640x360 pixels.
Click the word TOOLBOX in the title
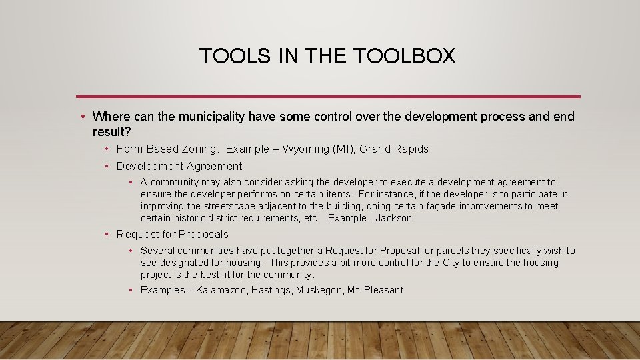[x=405, y=56]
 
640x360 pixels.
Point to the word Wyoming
[x=307, y=149]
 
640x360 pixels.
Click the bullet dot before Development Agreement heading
[x=107, y=167]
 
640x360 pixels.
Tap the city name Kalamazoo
[x=222, y=290]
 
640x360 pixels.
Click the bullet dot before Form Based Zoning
[x=107, y=149]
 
